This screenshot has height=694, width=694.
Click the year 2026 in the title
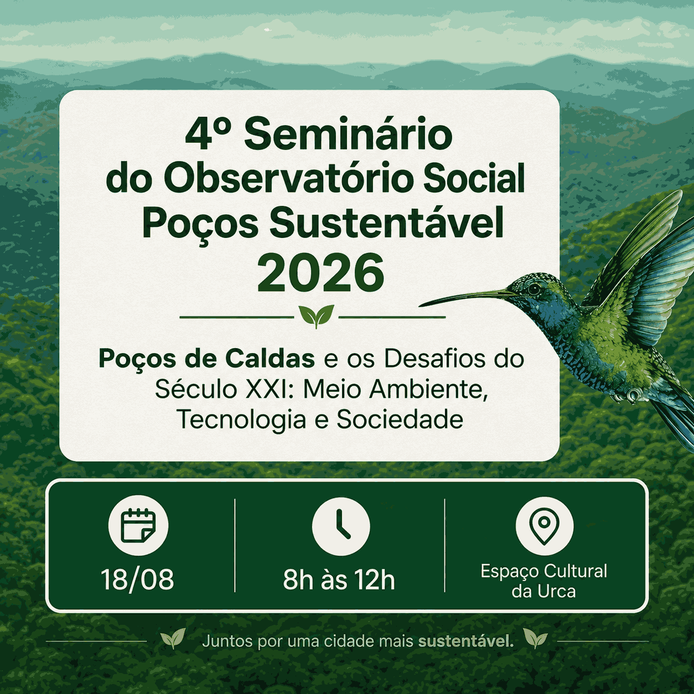(x=320, y=273)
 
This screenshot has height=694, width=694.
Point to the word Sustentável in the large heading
(x=387, y=222)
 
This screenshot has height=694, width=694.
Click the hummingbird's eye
(x=535, y=288)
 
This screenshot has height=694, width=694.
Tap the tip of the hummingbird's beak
(x=420, y=306)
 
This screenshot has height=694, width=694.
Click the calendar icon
(x=138, y=525)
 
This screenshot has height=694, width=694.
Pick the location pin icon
(x=545, y=525)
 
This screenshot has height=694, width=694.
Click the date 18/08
(x=137, y=580)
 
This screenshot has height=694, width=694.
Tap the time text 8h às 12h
(x=339, y=580)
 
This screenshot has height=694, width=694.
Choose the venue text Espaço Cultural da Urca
(x=544, y=581)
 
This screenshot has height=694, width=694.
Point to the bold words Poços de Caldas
(x=207, y=359)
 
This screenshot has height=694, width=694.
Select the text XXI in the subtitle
(x=268, y=389)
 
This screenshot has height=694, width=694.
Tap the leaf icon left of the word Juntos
(x=173, y=639)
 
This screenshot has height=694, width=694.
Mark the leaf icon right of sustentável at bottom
(x=535, y=638)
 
